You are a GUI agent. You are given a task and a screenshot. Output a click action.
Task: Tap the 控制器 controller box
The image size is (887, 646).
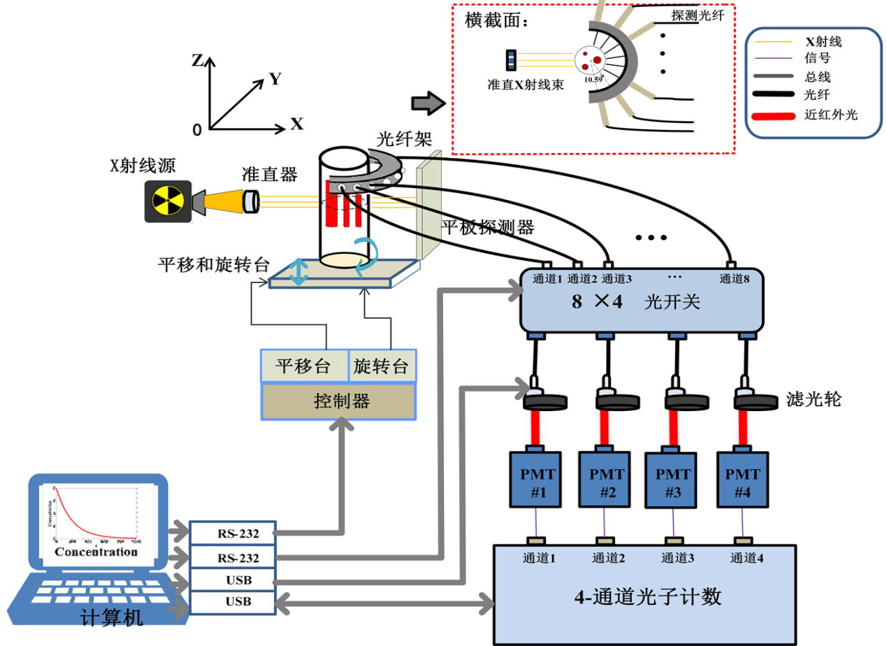click(x=338, y=401)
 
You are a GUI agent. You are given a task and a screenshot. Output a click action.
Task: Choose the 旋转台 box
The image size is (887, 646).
click(x=381, y=366)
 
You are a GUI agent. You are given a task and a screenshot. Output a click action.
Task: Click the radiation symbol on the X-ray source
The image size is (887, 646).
click(x=166, y=201)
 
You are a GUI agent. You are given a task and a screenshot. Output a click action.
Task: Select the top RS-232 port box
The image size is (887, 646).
click(x=233, y=533)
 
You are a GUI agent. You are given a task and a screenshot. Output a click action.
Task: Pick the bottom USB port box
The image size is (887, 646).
click(x=233, y=601)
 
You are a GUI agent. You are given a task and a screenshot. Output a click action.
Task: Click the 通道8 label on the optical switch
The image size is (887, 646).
click(x=734, y=279)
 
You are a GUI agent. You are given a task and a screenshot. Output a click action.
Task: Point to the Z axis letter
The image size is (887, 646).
click(x=198, y=60)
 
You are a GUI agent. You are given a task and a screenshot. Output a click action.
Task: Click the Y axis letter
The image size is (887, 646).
click(x=275, y=79)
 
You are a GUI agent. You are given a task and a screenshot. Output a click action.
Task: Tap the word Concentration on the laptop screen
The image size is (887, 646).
click(x=96, y=552)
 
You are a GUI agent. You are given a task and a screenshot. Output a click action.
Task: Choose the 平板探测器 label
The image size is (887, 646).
click(x=487, y=227)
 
